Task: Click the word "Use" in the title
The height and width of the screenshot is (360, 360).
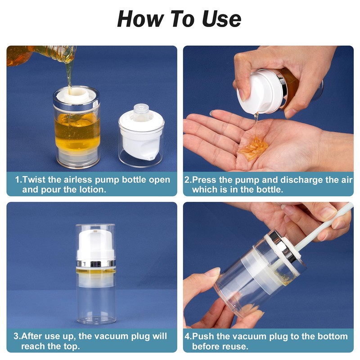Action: point(221,19)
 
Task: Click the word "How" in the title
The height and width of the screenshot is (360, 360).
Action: point(141,19)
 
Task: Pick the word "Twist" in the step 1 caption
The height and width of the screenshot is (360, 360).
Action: point(34,180)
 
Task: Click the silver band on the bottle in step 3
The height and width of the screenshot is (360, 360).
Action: point(95,264)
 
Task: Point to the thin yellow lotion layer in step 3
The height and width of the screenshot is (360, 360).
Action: point(96,271)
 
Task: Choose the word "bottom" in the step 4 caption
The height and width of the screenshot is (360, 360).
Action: point(333,336)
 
